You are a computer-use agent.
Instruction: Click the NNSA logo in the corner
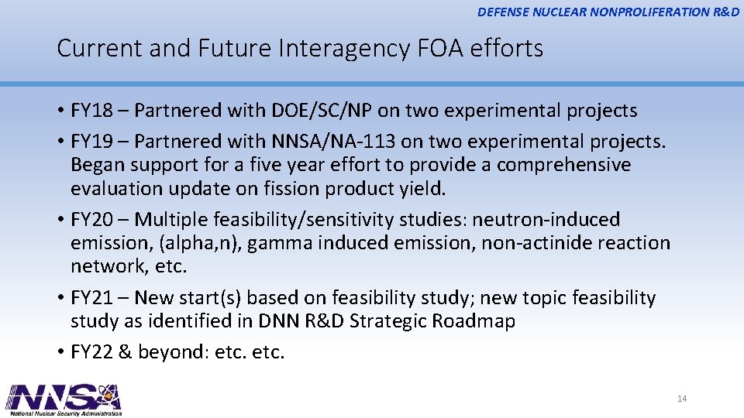[64, 399]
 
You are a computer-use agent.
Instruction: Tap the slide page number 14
[682, 399]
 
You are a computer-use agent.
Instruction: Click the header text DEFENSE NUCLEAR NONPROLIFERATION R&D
[608, 12]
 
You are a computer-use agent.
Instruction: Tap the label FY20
[91, 220]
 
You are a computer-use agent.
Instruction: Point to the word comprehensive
[564, 166]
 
